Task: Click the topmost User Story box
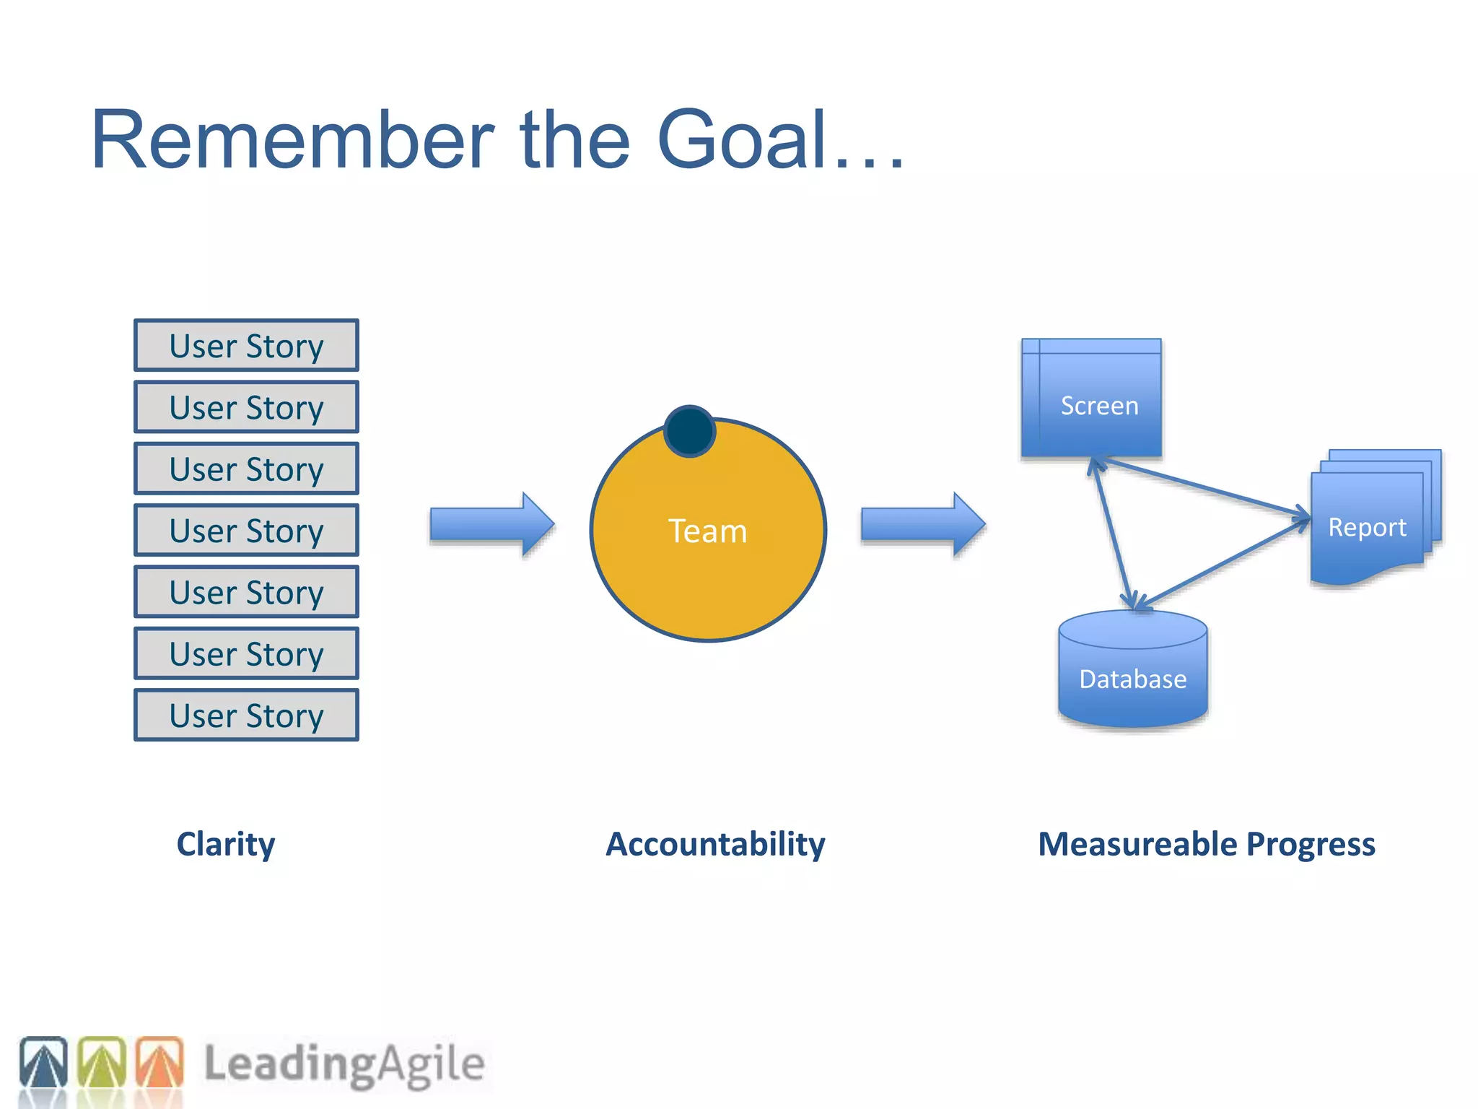[246, 346]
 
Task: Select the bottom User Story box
[246, 716]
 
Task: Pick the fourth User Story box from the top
[246, 531]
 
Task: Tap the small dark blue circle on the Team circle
[689, 431]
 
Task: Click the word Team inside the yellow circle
[707, 531]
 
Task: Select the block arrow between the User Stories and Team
[491, 525]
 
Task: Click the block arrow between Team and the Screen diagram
[922, 525]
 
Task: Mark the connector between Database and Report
[1223, 563]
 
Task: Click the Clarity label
[226, 844]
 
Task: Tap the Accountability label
[715, 844]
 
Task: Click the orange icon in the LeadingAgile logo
[160, 1063]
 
